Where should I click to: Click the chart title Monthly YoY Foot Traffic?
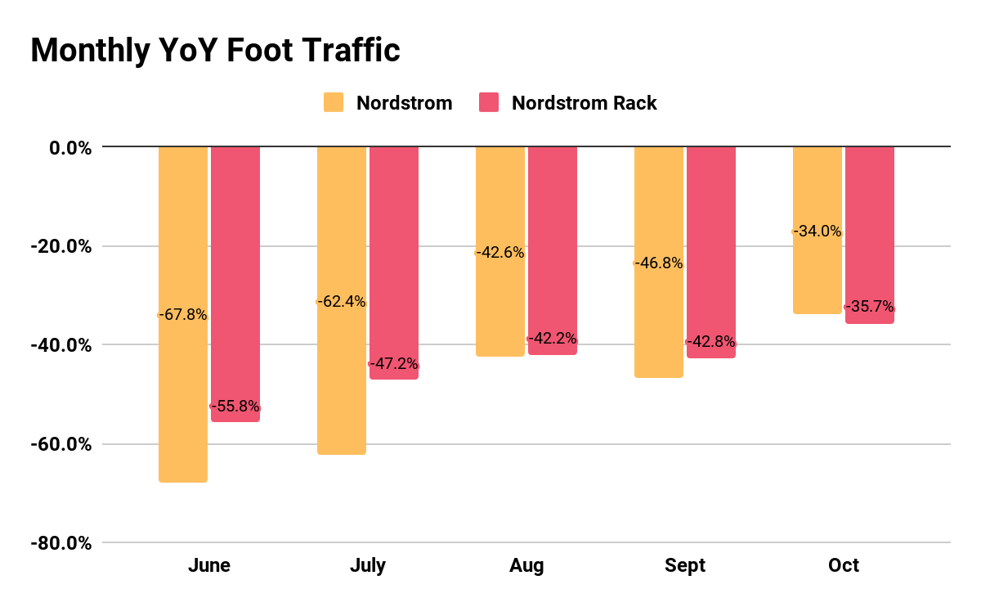(x=215, y=51)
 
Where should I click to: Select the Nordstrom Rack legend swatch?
(x=488, y=103)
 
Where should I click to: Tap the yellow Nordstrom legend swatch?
(x=334, y=103)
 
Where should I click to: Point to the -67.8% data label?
(x=183, y=315)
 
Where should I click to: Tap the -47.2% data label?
(x=394, y=363)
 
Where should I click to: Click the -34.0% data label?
(x=817, y=231)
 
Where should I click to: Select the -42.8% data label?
(x=711, y=342)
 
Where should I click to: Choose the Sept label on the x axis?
(x=685, y=566)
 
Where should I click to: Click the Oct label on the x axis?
(x=844, y=566)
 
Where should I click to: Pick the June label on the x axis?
(x=209, y=566)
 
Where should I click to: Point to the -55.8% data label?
(x=235, y=406)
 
